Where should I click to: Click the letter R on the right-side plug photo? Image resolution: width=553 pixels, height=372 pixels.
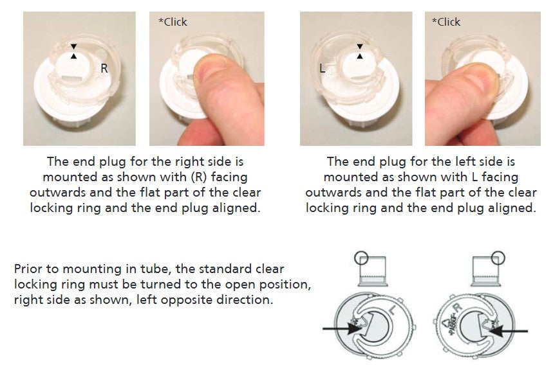click(104, 68)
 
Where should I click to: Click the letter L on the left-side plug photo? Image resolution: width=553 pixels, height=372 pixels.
click(322, 68)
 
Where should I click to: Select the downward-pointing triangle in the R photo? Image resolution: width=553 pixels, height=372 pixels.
click(73, 46)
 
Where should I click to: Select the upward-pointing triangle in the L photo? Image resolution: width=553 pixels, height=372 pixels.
click(360, 57)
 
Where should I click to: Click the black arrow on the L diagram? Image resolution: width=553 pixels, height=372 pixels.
click(342, 329)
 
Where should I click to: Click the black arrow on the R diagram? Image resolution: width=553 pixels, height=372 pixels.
click(508, 331)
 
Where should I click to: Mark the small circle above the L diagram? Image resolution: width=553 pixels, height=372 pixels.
click(361, 258)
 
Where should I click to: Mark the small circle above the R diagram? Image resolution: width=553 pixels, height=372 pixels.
click(498, 258)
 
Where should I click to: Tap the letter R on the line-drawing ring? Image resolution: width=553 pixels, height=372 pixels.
click(457, 308)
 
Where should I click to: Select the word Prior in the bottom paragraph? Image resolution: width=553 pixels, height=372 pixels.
click(28, 269)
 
